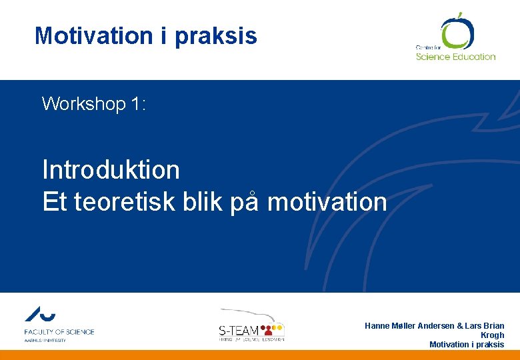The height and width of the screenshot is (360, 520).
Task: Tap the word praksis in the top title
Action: pyautogui.click(x=216, y=36)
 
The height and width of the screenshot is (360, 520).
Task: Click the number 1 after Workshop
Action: pyautogui.click(x=135, y=104)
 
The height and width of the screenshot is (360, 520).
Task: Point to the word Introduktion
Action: pyautogui.click(x=111, y=170)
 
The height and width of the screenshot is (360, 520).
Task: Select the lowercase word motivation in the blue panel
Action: pyautogui.click(x=327, y=201)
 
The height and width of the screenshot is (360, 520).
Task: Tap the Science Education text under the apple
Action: pyautogui.click(x=455, y=57)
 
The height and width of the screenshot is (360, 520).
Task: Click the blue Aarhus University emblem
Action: pyautogui.click(x=40, y=315)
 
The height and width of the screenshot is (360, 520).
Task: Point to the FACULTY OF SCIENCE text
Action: pyautogui.click(x=59, y=331)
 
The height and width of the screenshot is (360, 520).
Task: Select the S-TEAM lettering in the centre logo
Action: pyautogui.click(x=239, y=330)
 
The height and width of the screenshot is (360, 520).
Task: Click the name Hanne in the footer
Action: pyautogui.click(x=377, y=326)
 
